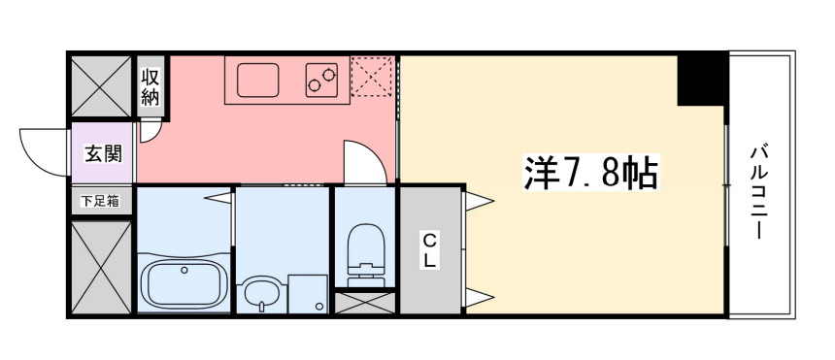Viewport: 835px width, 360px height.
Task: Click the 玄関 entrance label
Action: point(101,153)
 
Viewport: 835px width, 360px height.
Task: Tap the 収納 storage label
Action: point(150,86)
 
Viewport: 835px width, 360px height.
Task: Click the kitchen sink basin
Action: point(256,80)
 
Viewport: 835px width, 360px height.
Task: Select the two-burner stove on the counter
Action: point(323,80)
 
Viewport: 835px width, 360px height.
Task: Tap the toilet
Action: point(365,249)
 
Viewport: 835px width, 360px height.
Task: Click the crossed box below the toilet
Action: point(365,302)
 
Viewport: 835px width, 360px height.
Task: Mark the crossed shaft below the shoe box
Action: point(100,266)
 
